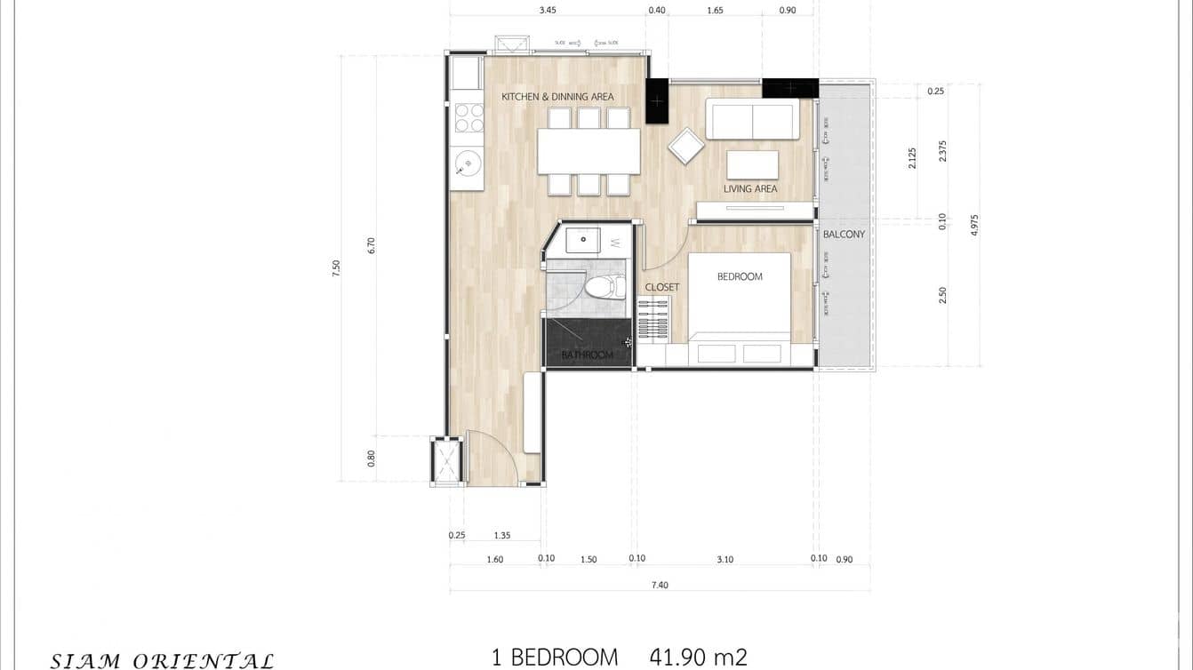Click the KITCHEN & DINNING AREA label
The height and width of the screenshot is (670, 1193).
[557, 97]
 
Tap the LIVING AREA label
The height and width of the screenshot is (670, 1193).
[749, 188]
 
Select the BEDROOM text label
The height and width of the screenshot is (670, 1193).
[740, 276]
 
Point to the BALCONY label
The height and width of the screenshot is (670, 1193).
[844, 235]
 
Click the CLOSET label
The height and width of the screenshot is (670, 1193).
[662, 287]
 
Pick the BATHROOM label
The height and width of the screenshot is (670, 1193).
[587, 355]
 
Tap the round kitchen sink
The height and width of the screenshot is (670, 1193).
[468, 163]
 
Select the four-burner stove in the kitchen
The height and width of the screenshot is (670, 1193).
[468, 118]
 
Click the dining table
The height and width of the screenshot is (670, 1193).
[588, 151]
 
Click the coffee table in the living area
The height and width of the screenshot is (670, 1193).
[752, 165]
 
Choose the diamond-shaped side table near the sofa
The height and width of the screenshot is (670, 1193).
[685, 147]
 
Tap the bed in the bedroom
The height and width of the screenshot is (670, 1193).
[740, 302]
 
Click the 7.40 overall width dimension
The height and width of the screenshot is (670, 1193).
[659, 584]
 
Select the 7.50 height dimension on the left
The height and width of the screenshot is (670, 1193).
[336, 268]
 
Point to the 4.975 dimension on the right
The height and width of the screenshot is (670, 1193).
[974, 224]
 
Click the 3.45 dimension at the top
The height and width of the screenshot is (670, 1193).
[548, 11]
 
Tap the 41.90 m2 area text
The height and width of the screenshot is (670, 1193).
[698, 658]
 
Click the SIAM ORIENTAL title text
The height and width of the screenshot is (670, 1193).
[162, 660]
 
